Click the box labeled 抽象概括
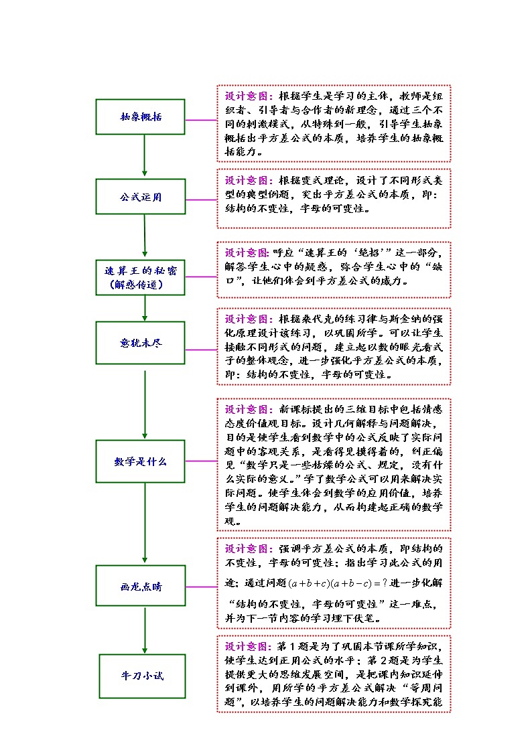tap(141, 117)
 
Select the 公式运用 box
tap(141, 197)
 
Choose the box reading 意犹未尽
tap(141, 344)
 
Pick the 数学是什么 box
tap(141, 461)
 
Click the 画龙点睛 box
tap(141, 587)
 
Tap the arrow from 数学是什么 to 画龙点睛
tap(145, 524)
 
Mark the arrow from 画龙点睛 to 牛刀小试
tap(145, 631)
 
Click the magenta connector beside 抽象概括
tap(200, 120)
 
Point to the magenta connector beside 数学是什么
tap(200, 461)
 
